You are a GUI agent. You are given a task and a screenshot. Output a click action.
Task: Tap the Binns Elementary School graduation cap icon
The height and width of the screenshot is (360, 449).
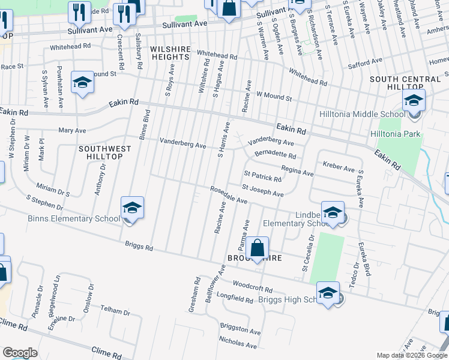point(132,208)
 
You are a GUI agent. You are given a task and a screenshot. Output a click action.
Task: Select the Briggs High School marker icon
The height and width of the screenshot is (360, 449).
point(328,293)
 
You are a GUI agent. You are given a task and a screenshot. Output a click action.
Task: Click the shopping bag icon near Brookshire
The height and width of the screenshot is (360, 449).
point(256,248)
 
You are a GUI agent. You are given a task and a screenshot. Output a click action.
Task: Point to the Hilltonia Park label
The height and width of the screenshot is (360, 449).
point(396,134)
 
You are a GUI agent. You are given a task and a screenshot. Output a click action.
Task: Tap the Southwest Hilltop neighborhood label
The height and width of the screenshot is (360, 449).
point(100,152)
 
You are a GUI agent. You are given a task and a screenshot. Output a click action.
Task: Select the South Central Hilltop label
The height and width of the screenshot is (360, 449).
point(405,83)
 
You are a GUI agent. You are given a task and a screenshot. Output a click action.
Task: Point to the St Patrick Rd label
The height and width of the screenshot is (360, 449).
point(262,178)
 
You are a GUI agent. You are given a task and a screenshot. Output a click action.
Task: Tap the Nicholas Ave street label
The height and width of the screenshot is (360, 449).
point(238,343)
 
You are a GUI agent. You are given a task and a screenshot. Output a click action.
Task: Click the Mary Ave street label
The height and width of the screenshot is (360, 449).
point(72,130)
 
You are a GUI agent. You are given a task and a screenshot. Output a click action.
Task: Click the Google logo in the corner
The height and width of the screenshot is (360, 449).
point(20,353)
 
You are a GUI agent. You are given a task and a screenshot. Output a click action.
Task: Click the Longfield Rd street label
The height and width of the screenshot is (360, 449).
point(235,298)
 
